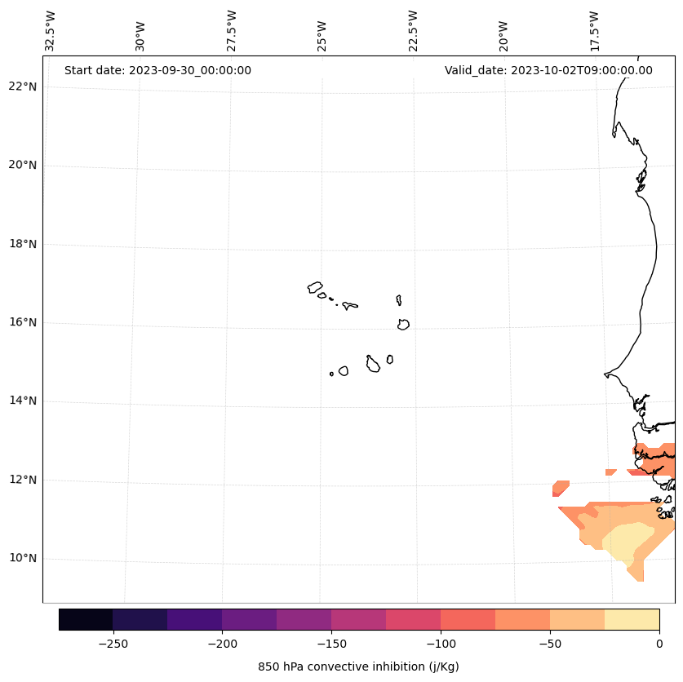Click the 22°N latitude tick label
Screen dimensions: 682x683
[23, 86]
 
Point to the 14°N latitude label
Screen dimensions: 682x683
[23, 401]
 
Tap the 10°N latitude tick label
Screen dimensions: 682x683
[23, 558]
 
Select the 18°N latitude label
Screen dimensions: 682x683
[23, 244]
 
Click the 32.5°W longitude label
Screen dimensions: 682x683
[51, 31]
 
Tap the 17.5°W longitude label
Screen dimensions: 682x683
[595, 31]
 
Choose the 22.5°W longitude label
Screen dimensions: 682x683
[413, 31]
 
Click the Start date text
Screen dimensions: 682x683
[157, 70]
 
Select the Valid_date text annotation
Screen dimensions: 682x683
[548, 70]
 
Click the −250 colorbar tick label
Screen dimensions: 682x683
[113, 644]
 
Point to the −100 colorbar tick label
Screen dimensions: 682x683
[441, 644]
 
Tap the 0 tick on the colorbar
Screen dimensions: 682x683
[659, 644]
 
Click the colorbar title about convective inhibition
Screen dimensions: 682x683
[358, 666]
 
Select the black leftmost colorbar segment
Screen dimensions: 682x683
[86, 619]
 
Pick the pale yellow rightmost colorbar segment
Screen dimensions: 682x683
[632, 619]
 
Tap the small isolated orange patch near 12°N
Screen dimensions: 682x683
[560, 488]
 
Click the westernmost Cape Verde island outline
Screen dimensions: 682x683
[315, 287]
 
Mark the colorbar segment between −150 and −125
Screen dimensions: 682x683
[358, 619]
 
